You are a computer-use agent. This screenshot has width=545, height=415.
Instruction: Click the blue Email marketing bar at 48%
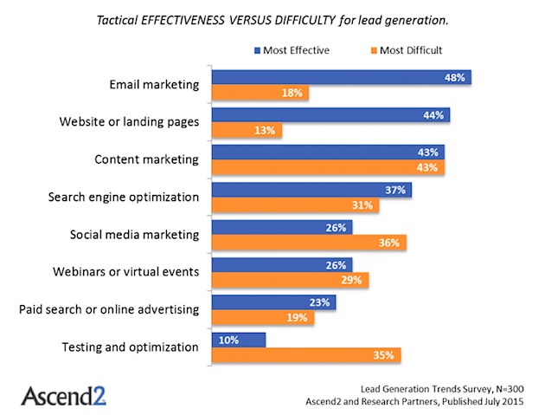tap(342, 77)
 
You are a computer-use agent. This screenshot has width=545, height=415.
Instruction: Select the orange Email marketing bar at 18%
tap(260, 93)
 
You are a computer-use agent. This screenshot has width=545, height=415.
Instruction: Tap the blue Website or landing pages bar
tap(330, 115)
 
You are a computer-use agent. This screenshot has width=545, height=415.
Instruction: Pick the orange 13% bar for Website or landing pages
tap(247, 130)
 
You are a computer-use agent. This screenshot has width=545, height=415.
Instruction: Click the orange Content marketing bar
tap(328, 167)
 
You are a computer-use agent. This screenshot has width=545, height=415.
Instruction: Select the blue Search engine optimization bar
tap(311, 190)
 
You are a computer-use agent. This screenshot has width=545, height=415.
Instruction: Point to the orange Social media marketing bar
tap(309, 243)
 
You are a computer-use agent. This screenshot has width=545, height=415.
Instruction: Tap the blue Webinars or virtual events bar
tap(282, 265)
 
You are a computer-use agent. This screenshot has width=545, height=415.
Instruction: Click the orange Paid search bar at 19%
tap(263, 317)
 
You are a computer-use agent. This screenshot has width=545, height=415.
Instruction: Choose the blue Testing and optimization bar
tap(239, 340)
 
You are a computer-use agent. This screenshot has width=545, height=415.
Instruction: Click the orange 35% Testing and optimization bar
tap(306, 355)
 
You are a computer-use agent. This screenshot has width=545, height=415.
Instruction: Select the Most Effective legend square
tap(257, 50)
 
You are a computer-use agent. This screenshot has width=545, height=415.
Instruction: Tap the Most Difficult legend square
tap(374, 50)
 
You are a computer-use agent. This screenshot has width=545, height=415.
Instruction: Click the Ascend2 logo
tap(64, 396)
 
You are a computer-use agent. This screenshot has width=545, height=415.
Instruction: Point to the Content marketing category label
tap(147, 159)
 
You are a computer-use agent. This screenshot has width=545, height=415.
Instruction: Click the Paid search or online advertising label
tap(109, 309)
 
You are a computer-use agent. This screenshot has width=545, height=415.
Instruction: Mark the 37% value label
tap(395, 190)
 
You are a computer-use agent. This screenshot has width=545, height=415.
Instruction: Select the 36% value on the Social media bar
tap(389, 243)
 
